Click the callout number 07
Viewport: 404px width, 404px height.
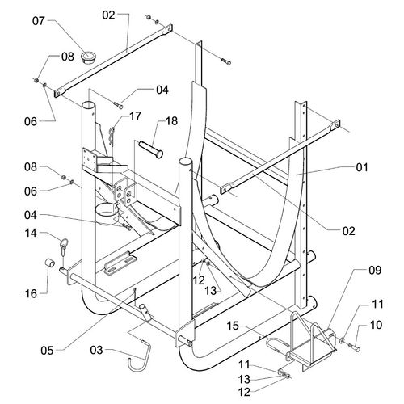(39, 21)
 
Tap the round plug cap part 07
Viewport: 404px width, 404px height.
(88, 57)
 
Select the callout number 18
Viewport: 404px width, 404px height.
(171, 121)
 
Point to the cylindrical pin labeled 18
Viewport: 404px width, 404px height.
(151, 149)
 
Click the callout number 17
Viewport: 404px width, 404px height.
(135, 116)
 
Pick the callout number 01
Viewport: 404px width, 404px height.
(362, 167)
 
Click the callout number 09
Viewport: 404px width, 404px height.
(375, 270)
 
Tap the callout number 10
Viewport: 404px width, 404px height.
(377, 325)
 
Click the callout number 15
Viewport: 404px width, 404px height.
(233, 326)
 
